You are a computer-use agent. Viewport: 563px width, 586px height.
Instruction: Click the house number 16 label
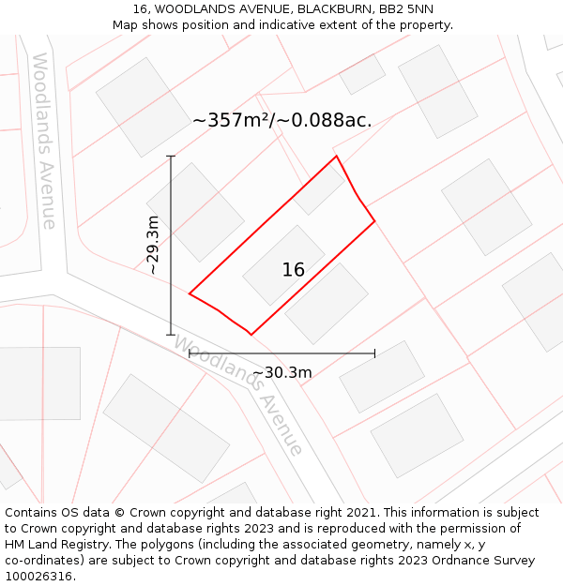click(x=293, y=270)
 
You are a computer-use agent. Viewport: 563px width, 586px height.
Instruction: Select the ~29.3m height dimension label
click(x=153, y=245)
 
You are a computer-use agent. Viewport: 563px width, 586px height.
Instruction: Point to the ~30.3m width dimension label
click(x=281, y=372)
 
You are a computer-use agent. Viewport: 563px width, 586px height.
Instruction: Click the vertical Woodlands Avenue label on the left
click(x=45, y=141)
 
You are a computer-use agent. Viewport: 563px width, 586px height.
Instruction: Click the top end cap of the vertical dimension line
click(x=171, y=156)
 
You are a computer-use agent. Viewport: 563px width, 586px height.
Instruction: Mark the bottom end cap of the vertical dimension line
click(x=171, y=334)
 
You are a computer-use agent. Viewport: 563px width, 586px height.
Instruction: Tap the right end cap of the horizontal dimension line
click(x=374, y=353)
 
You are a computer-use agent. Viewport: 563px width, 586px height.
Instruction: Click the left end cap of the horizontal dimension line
click(x=190, y=353)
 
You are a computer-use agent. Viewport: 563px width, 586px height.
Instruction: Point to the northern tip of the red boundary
click(x=336, y=157)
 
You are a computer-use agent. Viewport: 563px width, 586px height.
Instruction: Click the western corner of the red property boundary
click(x=190, y=293)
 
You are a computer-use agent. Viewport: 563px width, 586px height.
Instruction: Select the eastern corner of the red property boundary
click(x=374, y=221)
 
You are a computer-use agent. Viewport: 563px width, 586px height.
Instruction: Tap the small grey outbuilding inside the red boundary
click(x=318, y=191)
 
